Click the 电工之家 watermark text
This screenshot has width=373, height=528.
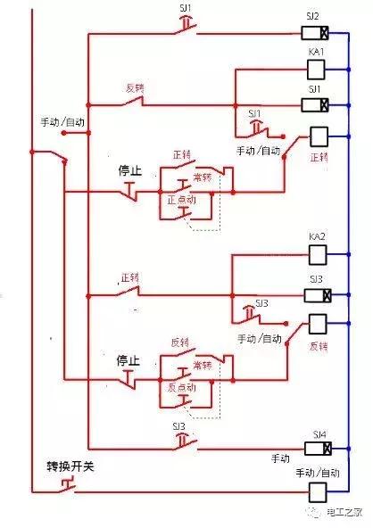point(343,511)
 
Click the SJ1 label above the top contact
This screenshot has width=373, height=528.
point(188,7)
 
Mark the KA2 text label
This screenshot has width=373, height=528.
point(317,237)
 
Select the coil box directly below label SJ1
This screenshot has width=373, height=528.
point(318,106)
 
